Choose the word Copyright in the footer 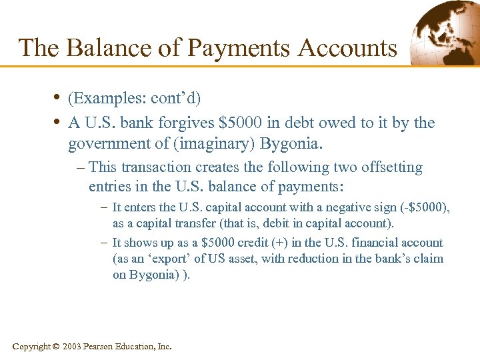pos(31,347)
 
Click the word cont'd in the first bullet pos(176,98)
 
